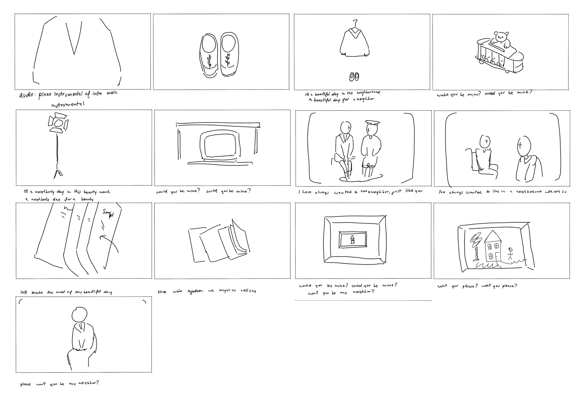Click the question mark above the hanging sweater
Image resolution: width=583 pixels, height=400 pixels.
pyautogui.click(x=355, y=22)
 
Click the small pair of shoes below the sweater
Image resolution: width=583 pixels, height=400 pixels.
pyautogui.click(x=354, y=76)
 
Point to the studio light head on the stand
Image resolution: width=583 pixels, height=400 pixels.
pyautogui.click(x=58, y=123)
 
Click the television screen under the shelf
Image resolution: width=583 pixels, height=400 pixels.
pyautogui.click(x=220, y=145)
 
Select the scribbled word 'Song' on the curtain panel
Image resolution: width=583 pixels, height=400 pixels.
pyautogui.click(x=108, y=213)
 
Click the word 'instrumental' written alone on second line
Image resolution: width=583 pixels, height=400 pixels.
pyautogui.click(x=68, y=104)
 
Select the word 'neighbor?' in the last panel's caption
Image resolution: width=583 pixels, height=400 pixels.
pyautogui.click(x=89, y=383)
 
